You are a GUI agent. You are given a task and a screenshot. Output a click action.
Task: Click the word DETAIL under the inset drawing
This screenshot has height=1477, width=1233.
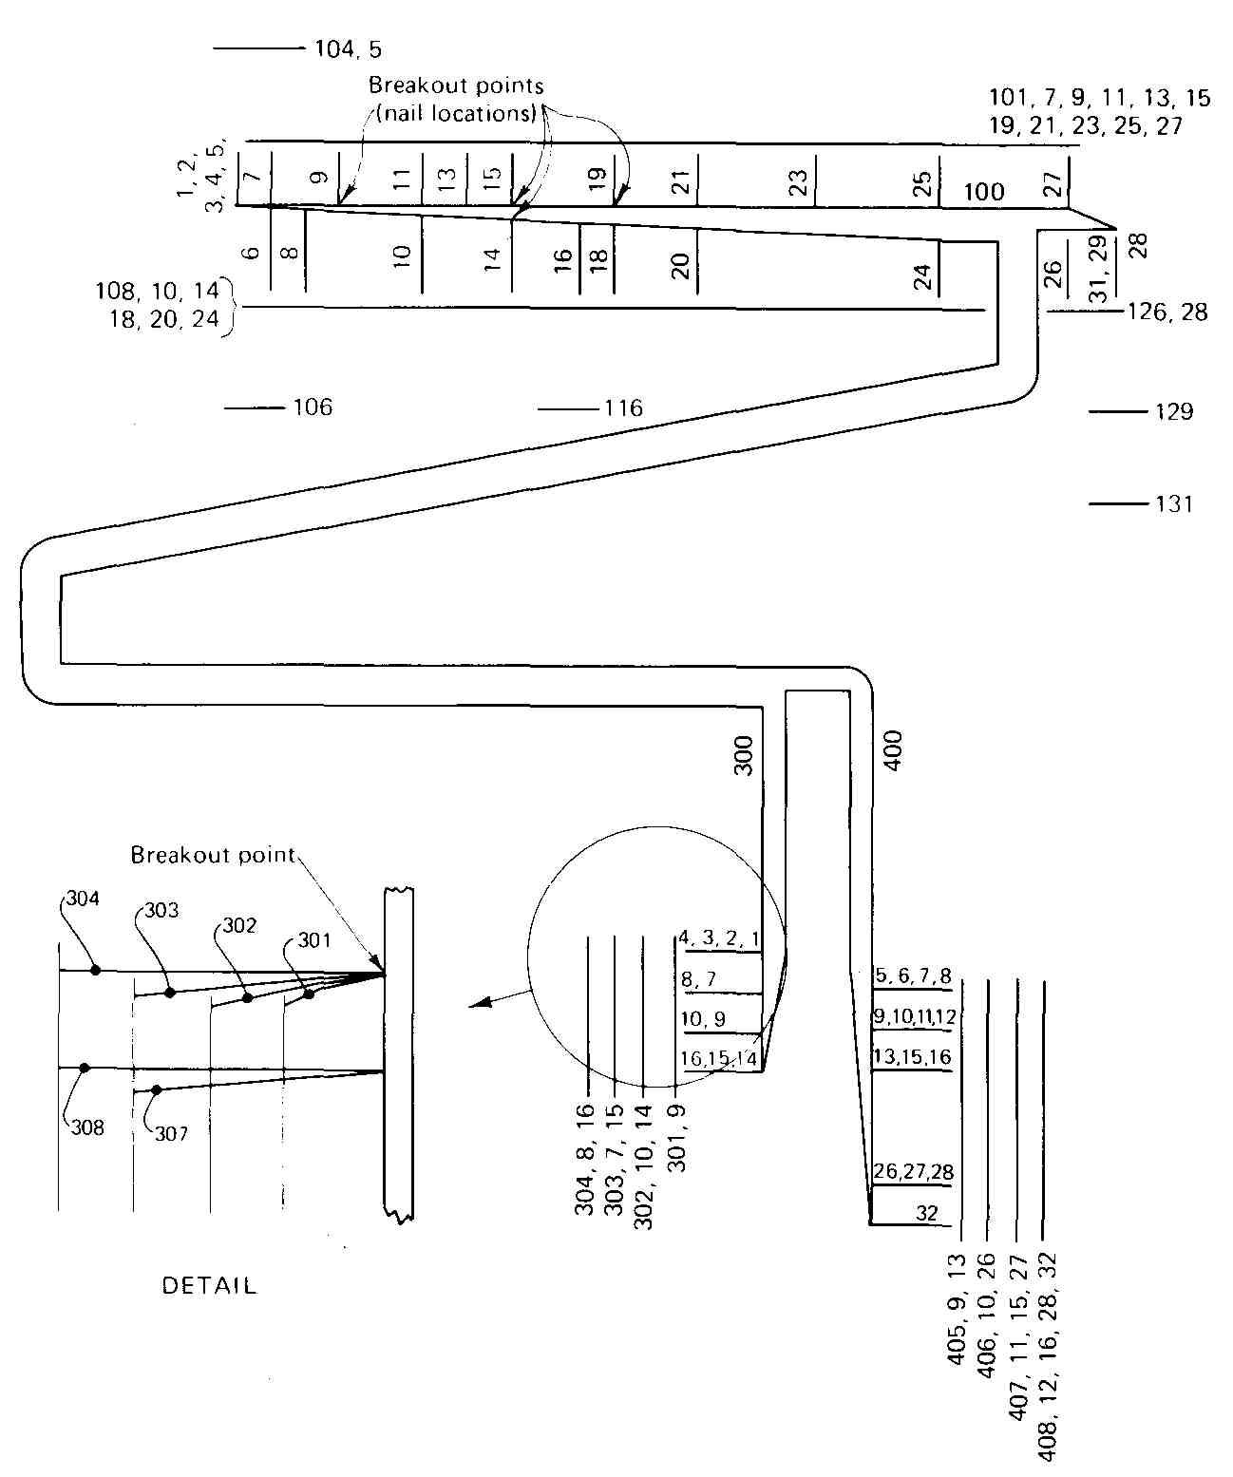pos(209,1285)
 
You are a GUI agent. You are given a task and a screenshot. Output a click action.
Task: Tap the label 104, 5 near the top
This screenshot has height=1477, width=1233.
pos(348,48)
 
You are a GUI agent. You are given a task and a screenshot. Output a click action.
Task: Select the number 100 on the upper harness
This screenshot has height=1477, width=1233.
pos(984,192)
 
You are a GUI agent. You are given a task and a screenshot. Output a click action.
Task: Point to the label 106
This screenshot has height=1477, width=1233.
pos(313,407)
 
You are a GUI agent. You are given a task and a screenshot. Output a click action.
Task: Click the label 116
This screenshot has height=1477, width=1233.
pos(623,408)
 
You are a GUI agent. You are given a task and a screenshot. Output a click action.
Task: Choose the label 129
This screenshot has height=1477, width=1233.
pos(1174,411)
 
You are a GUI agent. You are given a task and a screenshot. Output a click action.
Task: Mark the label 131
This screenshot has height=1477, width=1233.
pos(1174,503)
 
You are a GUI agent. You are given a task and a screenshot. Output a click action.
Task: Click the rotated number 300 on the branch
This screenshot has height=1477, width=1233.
pos(744,755)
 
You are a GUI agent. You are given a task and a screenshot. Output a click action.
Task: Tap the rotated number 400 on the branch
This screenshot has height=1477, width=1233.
pos(894,750)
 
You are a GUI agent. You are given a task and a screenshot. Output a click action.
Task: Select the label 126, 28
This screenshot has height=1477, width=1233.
pos(1167,312)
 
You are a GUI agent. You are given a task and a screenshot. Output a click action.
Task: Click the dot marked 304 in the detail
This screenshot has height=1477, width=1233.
pos(96,970)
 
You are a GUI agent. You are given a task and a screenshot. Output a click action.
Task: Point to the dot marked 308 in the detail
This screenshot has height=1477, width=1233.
pos(85,1068)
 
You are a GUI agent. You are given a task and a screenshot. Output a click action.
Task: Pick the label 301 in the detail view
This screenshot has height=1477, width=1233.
pos(314,940)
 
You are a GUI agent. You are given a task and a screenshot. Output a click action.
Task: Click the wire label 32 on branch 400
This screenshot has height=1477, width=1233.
pos(927,1213)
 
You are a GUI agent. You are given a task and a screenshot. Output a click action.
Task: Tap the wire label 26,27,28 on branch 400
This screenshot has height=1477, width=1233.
pos(913,1172)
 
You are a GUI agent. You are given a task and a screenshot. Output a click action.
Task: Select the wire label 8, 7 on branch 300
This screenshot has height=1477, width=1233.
pos(698,979)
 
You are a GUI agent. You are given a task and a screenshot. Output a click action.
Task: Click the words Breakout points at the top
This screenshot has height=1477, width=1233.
pos(456,85)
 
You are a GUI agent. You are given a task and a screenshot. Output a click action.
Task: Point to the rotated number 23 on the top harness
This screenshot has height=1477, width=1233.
pos(798,182)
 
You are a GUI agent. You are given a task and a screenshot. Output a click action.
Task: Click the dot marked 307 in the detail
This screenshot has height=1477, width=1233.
pos(157,1090)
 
